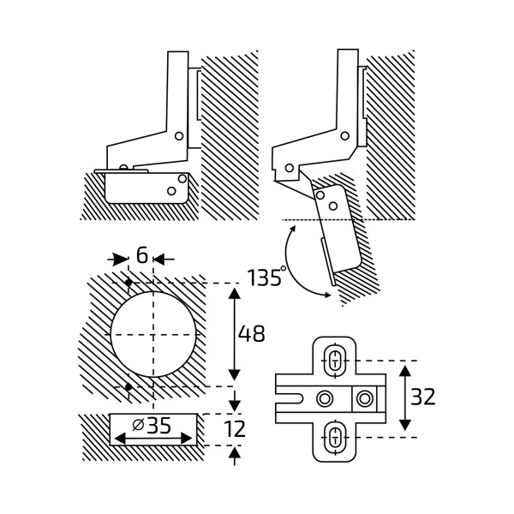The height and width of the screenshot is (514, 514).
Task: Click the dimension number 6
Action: (141, 255)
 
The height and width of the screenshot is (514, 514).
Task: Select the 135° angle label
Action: (265, 278)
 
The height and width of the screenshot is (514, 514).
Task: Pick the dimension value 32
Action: (423, 397)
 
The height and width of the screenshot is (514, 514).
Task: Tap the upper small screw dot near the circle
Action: (128, 283)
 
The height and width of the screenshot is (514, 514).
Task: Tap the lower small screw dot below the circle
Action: (128, 388)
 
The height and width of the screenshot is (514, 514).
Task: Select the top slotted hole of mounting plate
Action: (335, 360)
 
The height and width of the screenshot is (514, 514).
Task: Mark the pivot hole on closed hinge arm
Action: (178, 135)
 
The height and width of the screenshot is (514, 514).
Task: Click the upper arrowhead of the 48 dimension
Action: (235, 294)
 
